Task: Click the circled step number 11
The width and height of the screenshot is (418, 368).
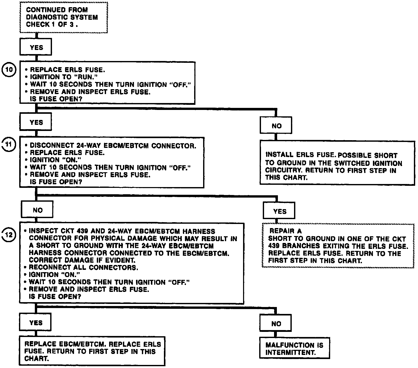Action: [9, 144]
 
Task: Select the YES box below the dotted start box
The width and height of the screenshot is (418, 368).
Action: [36, 47]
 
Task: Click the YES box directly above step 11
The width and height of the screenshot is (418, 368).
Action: [36, 122]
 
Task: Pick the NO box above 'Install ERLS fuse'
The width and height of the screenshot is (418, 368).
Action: [276, 126]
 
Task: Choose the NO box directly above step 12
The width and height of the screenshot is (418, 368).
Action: [37, 210]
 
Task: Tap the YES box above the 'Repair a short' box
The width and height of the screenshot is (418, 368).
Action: [279, 211]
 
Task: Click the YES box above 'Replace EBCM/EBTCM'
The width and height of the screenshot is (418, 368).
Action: [36, 323]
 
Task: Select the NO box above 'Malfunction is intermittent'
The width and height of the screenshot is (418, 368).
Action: [276, 324]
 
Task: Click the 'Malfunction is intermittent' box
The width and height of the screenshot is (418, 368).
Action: [294, 349]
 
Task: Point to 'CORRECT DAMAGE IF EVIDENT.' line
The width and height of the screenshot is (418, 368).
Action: [82, 260]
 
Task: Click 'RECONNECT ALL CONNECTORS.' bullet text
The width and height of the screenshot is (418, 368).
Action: [83, 268]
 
